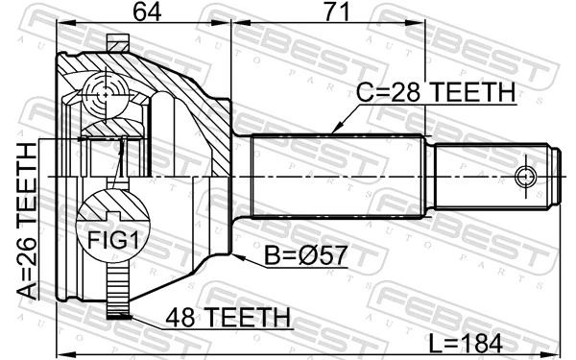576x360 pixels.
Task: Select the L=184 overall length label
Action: [x=477, y=341]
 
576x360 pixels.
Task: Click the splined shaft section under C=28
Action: [x=336, y=177]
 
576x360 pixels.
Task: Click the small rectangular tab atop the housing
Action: [x=117, y=42]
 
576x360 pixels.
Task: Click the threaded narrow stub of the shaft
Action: [x=494, y=177]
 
